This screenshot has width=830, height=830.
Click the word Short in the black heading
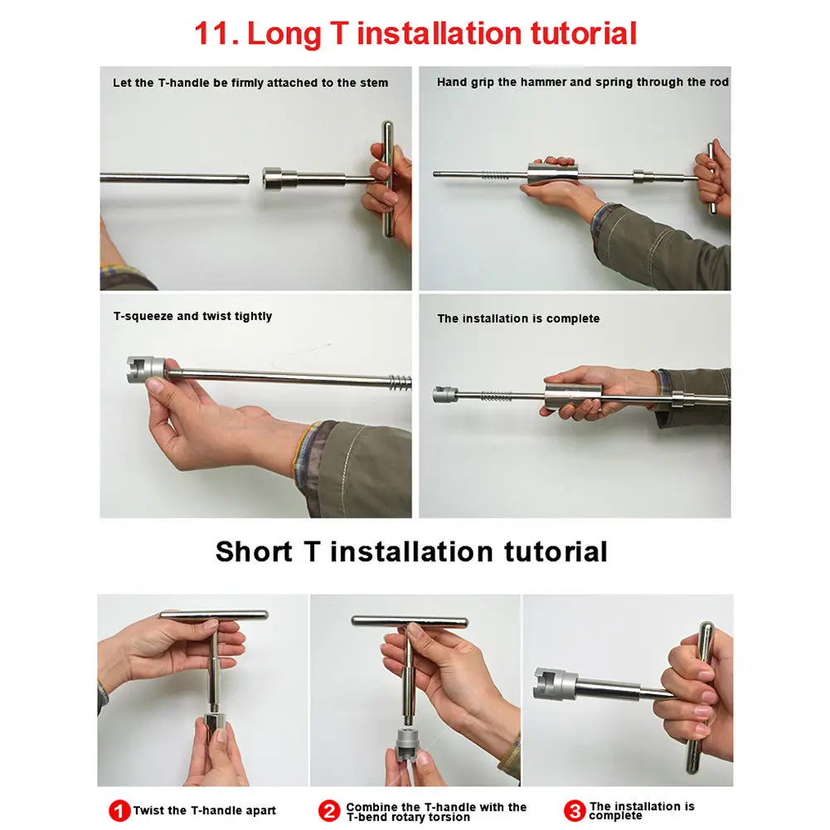[x=254, y=551]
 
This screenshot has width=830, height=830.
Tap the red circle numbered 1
[x=119, y=811]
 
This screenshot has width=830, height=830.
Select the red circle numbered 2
[x=328, y=811]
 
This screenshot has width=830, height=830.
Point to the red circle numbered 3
[x=575, y=811]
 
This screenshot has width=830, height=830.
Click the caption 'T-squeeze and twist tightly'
[x=192, y=316]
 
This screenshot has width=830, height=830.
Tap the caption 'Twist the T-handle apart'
[x=204, y=810]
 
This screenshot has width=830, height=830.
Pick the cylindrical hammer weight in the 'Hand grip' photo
[x=552, y=175]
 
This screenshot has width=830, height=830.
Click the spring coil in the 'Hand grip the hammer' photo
[x=495, y=175]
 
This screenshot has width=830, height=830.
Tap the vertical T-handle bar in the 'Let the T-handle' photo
[x=388, y=179]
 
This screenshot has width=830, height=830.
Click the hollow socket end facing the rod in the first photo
[x=272, y=179]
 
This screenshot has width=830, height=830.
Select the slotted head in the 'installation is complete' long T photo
[x=444, y=395]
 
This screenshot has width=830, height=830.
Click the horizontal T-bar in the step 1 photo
[x=214, y=614]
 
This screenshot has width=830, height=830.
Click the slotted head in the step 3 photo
[x=555, y=684]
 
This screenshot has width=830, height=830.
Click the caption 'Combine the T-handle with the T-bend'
[x=436, y=812]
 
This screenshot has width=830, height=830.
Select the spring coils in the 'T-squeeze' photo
[x=400, y=381]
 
